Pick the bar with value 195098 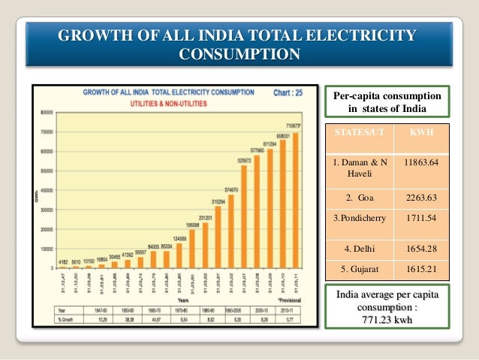[x=192, y=248]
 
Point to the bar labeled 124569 [x=179, y=255]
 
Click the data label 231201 [x=205, y=218]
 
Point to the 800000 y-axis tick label [x=47, y=112]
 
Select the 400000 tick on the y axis [x=47, y=190]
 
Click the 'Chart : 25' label [x=288, y=93]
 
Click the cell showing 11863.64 [x=420, y=162]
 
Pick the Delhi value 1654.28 [x=420, y=247]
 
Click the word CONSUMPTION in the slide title [x=239, y=54]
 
